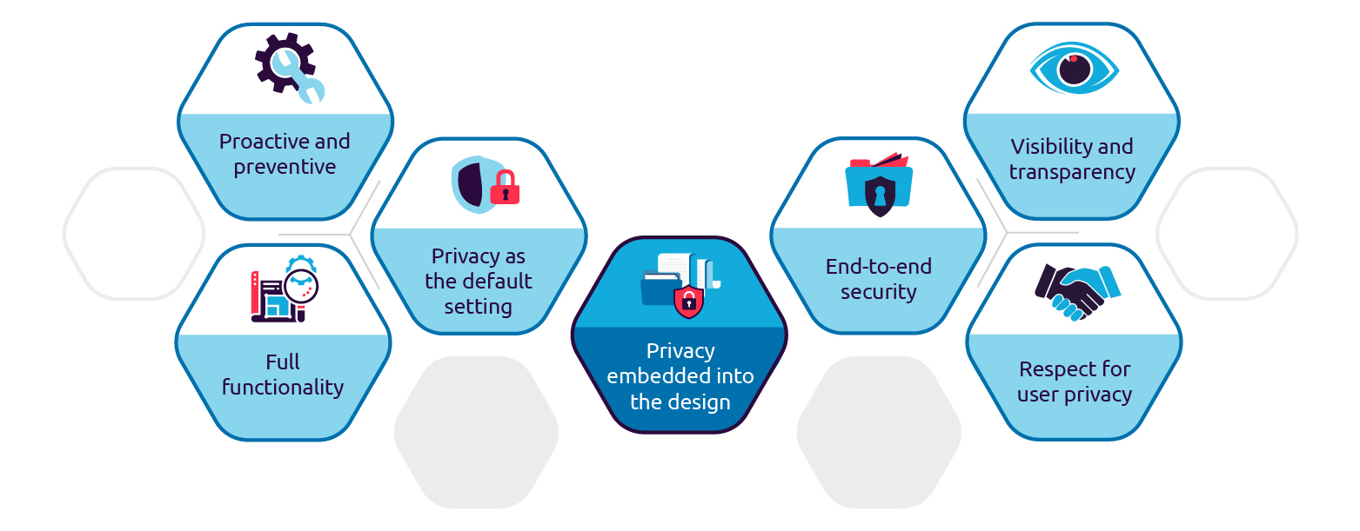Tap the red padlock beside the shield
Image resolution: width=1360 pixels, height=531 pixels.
[x=505, y=188]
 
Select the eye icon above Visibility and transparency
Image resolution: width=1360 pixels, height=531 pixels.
[x=1074, y=68]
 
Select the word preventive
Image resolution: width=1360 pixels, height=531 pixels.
[x=285, y=167]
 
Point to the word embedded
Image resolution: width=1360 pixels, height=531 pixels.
[x=654, y=377]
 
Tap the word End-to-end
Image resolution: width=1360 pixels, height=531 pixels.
[x=878, y=266]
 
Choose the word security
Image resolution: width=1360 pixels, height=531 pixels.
[x=878, y=292]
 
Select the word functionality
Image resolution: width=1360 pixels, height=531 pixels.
[x=283, y=388]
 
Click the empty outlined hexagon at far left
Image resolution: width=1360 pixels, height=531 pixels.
[x=133, y=234]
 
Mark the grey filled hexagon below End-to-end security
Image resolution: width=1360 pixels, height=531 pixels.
[x=879, y=432]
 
